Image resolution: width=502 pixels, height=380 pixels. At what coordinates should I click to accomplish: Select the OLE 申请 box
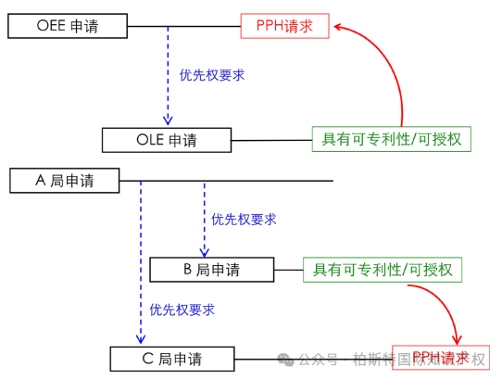tap(166, 140)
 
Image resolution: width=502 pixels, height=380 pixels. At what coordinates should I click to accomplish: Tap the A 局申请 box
tap(65, 180)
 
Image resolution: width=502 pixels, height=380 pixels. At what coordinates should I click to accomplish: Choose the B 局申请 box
tap(210, 270)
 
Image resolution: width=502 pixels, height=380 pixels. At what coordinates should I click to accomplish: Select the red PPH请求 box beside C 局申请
tap(440, 358)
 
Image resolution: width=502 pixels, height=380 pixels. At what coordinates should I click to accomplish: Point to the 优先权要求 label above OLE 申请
tap(212, 75)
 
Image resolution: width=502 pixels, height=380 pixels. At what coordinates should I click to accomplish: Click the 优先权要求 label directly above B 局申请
tap(244, 220)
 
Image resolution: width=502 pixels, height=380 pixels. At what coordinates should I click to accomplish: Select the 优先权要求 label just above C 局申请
tap(182, 310)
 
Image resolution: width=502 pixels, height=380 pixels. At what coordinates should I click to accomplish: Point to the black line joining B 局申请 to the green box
tap(287, 270)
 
